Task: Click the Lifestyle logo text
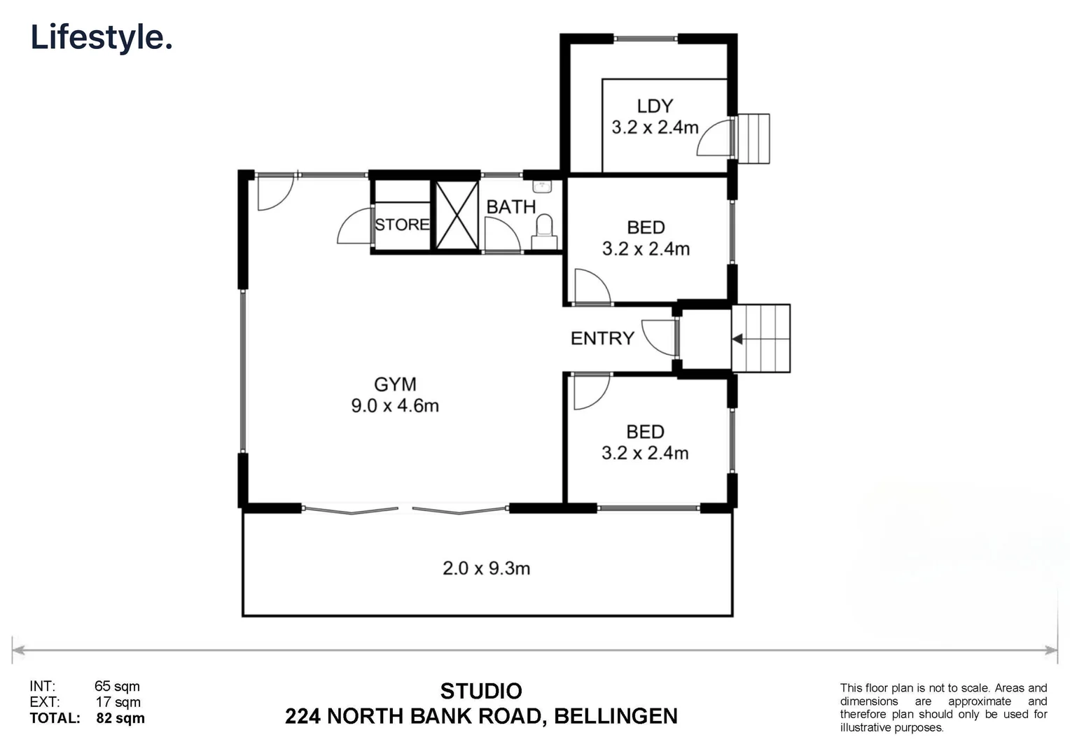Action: point(102,37)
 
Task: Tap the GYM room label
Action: point(395,384)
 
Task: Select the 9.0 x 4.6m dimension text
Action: point(395,405)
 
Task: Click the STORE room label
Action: point(402,225)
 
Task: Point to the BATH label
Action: point(511,207)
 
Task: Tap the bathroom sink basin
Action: point(541,186)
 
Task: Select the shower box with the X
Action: point(457,216)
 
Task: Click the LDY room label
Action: point(655,106)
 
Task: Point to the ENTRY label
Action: point(602,339)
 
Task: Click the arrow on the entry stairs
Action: point(737,339)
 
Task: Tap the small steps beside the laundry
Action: point(753,139)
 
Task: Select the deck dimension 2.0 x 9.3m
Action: point(486,568)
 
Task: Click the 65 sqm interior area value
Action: point(117,687)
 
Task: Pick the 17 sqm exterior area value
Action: point(118,702)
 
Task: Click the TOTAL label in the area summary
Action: point(55,718)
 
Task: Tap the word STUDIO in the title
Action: point(481,692)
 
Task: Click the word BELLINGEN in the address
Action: point(616,717)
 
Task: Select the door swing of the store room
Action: point(354,226)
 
